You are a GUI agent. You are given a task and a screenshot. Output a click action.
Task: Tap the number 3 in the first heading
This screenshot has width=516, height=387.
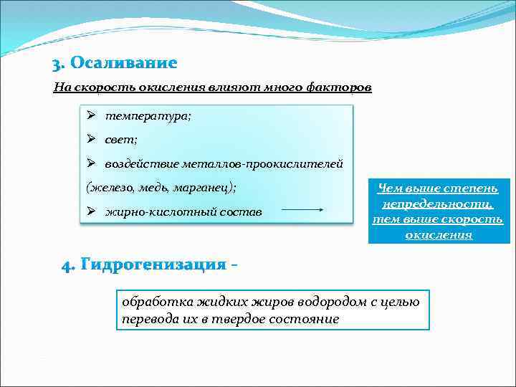click(57, 64)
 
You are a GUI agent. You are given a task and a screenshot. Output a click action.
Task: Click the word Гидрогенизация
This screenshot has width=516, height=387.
click(153, 265)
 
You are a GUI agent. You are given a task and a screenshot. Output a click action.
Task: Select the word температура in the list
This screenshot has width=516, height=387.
click(148, 116)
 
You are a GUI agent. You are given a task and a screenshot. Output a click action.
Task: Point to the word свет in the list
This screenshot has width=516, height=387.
click(121, 140)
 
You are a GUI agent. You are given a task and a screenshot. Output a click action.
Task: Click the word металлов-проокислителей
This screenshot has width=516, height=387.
click(274, 164)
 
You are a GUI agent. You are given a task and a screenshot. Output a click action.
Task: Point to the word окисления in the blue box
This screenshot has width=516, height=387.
click(438, 234)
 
